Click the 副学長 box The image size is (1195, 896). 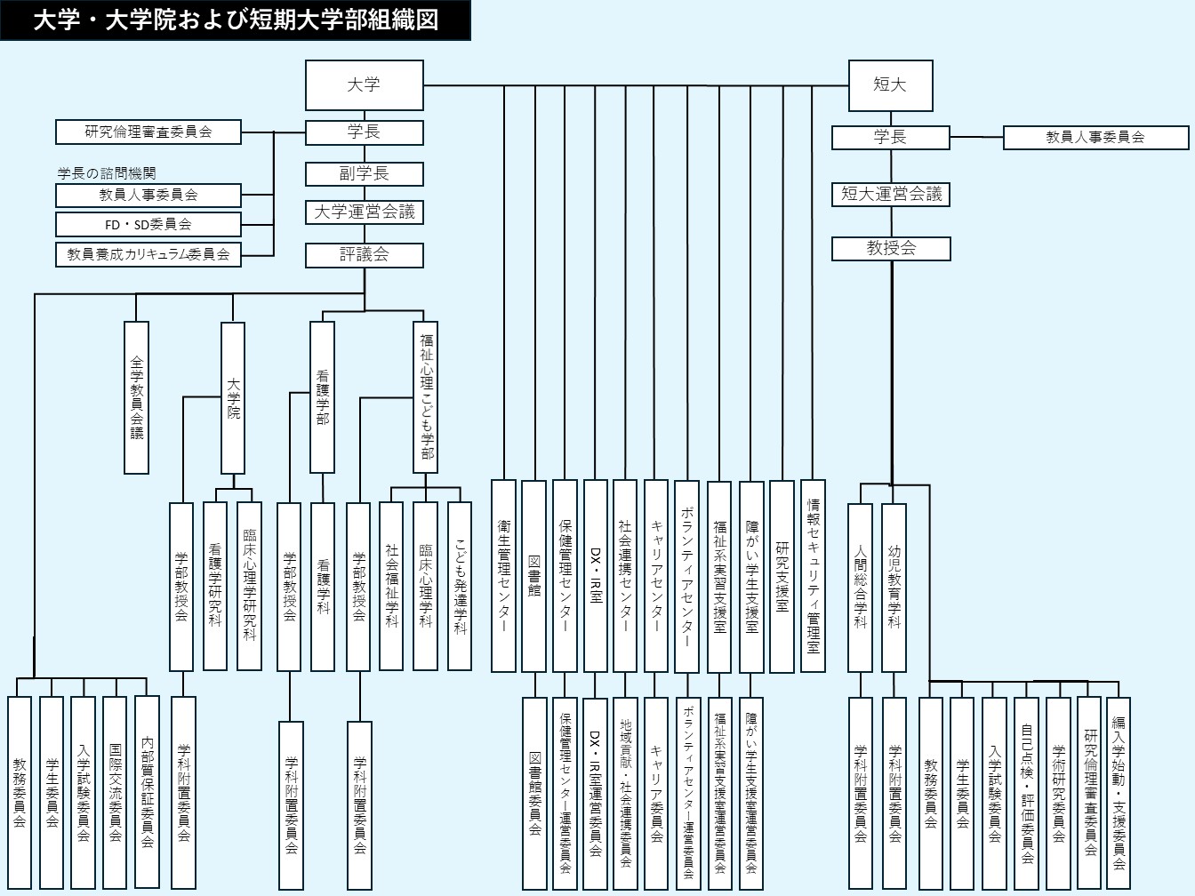pyautogui.click(x=365, y=173)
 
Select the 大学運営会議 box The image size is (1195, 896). pyautogui.click(x=365, y=212)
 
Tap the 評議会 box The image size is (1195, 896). pyautogui.click(x=365, y=255)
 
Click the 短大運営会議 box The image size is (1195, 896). pyautogui.click(x=891, y=194)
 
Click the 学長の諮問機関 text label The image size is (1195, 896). pyautogui.click(x=107, y=173)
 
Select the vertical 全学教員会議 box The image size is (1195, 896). pyautogui.click(x=137, y=397)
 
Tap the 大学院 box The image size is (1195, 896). pyautogui.click(x=233, y=397)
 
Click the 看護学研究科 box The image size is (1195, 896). pyautogui.click(x=215, y=586)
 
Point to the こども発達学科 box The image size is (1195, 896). pyautogui.click(x=460, y=586)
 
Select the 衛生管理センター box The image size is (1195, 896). pyautogui.click(x=503, y=575)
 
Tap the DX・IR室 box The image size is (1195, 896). pyautogui.click(x=596, y=575)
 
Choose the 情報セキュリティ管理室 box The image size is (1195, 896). pyautogui.click(x=813, y=575)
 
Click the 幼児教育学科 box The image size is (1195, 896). pyautogui.click(x=894, y=587)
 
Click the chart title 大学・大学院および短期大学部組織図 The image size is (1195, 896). pyautogui.click(x=236, y=20)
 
